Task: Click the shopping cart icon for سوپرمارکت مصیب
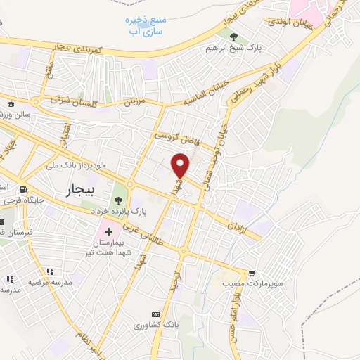click(x=252, y=273)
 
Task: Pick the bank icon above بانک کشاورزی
click(x=155, y=314)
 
